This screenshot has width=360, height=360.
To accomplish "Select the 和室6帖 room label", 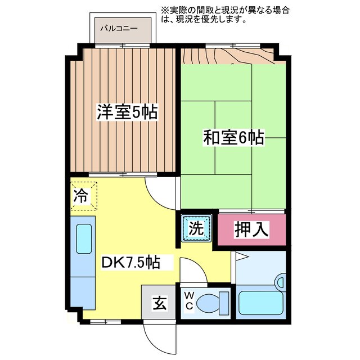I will pos(233,137).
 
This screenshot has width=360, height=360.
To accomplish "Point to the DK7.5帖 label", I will pos(130,262).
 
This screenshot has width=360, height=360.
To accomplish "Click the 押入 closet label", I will pos(251,229).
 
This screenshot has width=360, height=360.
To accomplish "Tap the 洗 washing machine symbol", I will pos(196,228).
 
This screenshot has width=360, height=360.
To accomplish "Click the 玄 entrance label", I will pos(160,304).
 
